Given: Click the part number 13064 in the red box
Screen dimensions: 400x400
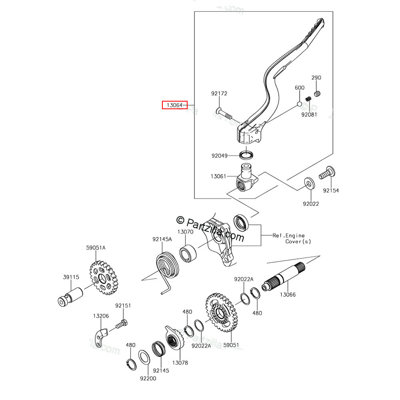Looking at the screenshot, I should [x=174, y=106].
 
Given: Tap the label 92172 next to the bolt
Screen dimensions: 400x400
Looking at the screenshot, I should [x=219, y=94].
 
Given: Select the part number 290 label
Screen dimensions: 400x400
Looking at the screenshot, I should [x=316, y=78].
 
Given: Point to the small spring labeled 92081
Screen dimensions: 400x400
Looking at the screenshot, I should [x=308, y=99].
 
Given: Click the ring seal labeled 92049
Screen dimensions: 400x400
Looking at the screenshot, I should [x=247, y=154].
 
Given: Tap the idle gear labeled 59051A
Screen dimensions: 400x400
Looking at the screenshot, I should [x=103, y=277].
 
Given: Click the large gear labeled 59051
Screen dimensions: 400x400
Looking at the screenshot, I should [x=220, y=312].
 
